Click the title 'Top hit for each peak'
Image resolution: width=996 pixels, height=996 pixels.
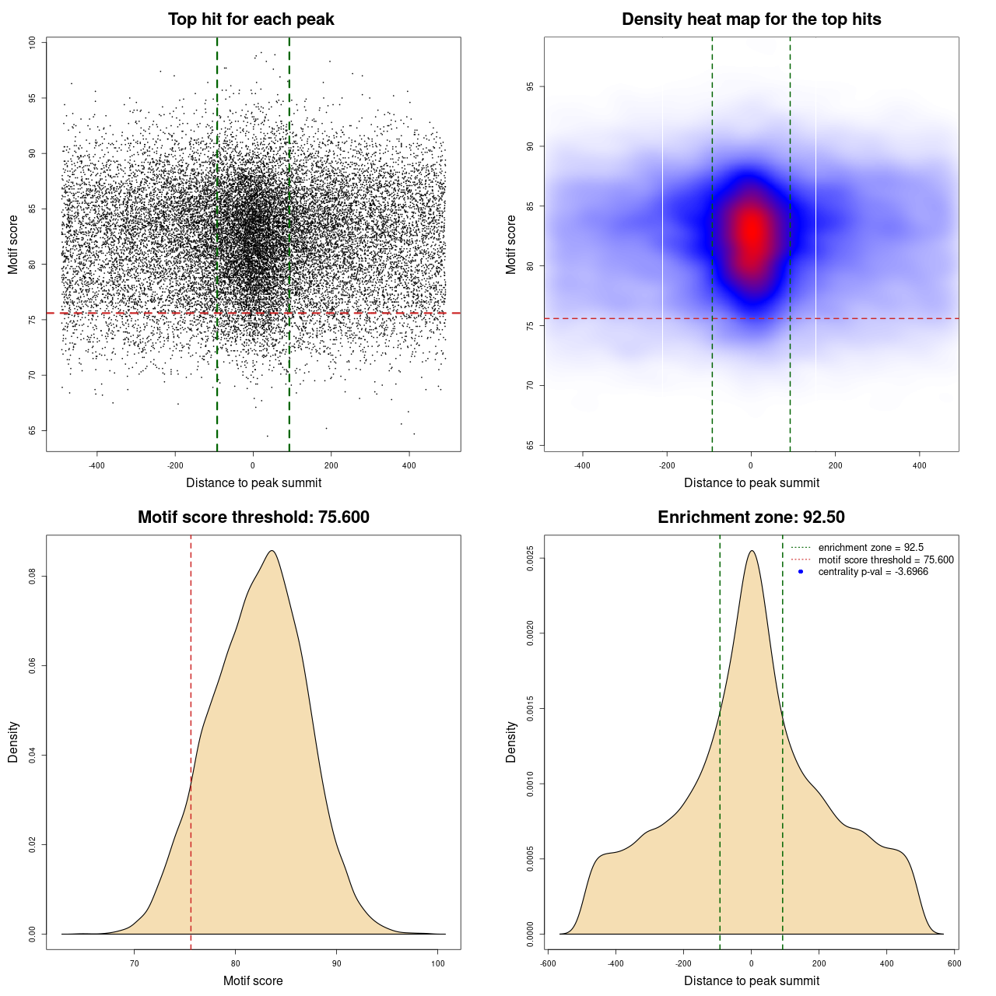[x=251, y=19]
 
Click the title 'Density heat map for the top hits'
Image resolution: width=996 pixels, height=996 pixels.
[x=751, y=19]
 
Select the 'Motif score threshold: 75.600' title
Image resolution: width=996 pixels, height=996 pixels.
[x=253, y=517]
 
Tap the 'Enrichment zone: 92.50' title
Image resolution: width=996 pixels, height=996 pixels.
[x=751, y=517]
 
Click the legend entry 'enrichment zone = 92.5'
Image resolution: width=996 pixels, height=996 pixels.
[x=871, y=548]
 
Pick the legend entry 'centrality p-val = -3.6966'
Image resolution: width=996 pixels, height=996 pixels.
[x=873, y=572]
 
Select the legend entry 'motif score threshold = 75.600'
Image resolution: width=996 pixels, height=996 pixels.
[x=886, y=560]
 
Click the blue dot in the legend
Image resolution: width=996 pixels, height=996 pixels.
[x=801, y=572]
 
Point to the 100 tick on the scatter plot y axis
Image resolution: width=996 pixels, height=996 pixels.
[x=33, y=43]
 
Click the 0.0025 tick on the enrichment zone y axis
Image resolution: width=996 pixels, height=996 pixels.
[x=531, y=559]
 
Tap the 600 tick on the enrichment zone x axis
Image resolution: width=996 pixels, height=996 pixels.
[x=954, y=963]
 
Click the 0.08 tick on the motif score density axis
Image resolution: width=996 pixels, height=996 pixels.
[x=33, y=577]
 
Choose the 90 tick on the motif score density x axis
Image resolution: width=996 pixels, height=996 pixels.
[x=336, y=963]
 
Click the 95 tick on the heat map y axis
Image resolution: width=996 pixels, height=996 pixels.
[x=531, y=86]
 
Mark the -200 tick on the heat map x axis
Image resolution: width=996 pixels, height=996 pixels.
[x=667, y=465]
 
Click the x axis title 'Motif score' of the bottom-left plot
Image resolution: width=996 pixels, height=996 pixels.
[x=253, y=980]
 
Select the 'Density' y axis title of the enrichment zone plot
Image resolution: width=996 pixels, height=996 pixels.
[x=511, y=742]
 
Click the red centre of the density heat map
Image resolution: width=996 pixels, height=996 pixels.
[x=751, y=232]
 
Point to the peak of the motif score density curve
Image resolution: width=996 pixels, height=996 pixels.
[x=272, y=551]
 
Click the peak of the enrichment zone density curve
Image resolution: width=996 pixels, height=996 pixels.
[x=751, y=551]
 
